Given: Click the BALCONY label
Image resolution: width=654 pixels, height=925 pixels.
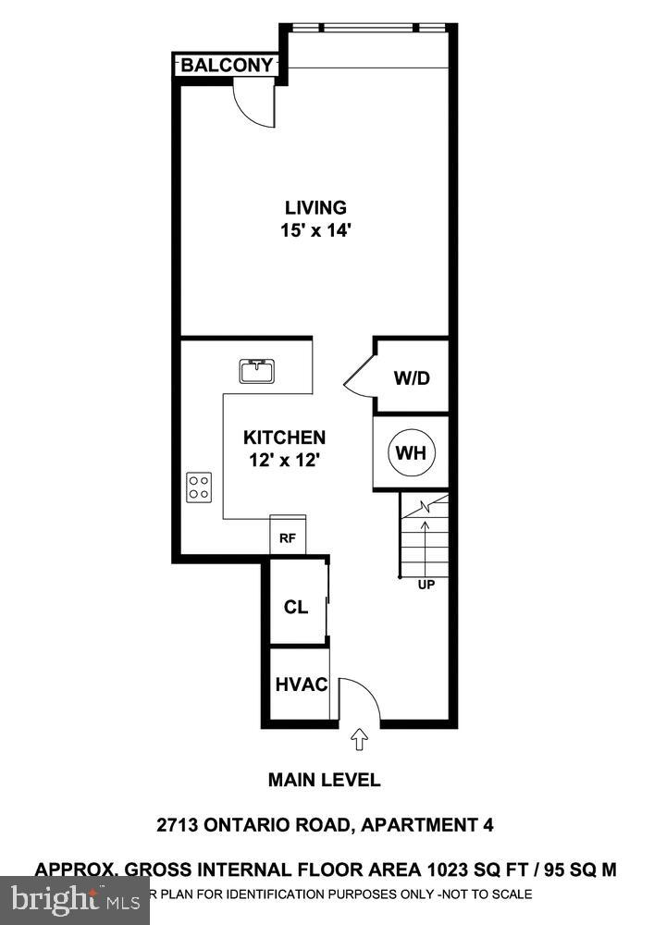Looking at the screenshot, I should tap(227, 65).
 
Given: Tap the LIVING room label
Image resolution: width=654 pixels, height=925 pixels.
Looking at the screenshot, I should tap(315, 207).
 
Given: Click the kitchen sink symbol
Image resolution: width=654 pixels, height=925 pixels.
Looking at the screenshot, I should tap(255, 372).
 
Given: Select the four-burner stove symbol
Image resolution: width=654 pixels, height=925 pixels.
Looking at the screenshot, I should tap(199, 487).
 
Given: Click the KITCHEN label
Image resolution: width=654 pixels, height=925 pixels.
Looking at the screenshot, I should tap(284, 437).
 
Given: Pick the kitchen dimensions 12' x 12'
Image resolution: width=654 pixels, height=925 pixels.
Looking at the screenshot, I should tap(284, 459).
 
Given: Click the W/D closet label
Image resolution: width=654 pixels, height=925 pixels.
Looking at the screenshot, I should tap(413, 378).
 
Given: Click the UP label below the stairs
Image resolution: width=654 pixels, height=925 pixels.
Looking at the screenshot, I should tap(426, 585).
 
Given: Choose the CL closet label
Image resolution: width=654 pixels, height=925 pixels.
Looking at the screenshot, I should tap(296, 607).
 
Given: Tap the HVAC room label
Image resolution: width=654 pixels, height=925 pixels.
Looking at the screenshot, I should tap(302, 685).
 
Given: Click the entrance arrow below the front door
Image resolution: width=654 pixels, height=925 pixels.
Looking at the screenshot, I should tap(360, 739).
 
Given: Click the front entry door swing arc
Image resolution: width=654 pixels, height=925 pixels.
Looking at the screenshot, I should tap(362, 698).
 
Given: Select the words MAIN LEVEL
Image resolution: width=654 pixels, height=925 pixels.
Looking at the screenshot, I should tap(324, 780).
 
